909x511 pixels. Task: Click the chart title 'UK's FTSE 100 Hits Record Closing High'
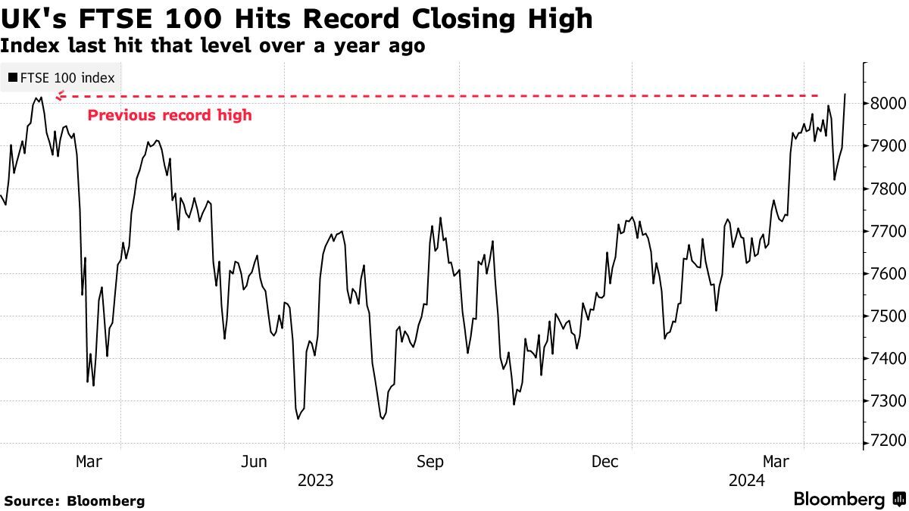pos(296,18)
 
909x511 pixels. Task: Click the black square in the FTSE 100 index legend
pos(12,77)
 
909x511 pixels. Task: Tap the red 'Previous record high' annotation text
pos(170,116)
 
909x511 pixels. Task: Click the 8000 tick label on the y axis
pos(885,104)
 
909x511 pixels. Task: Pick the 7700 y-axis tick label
pos(885,231)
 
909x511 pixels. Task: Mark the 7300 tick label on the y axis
pos(885,400)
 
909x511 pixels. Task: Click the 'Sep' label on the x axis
pos(430,462)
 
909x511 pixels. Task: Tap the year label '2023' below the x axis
pos(315,481)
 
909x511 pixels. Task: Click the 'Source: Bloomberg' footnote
pos(74,500)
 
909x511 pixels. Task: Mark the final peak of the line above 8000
pos(845,95)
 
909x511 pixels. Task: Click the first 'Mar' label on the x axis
pos(89,462)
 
